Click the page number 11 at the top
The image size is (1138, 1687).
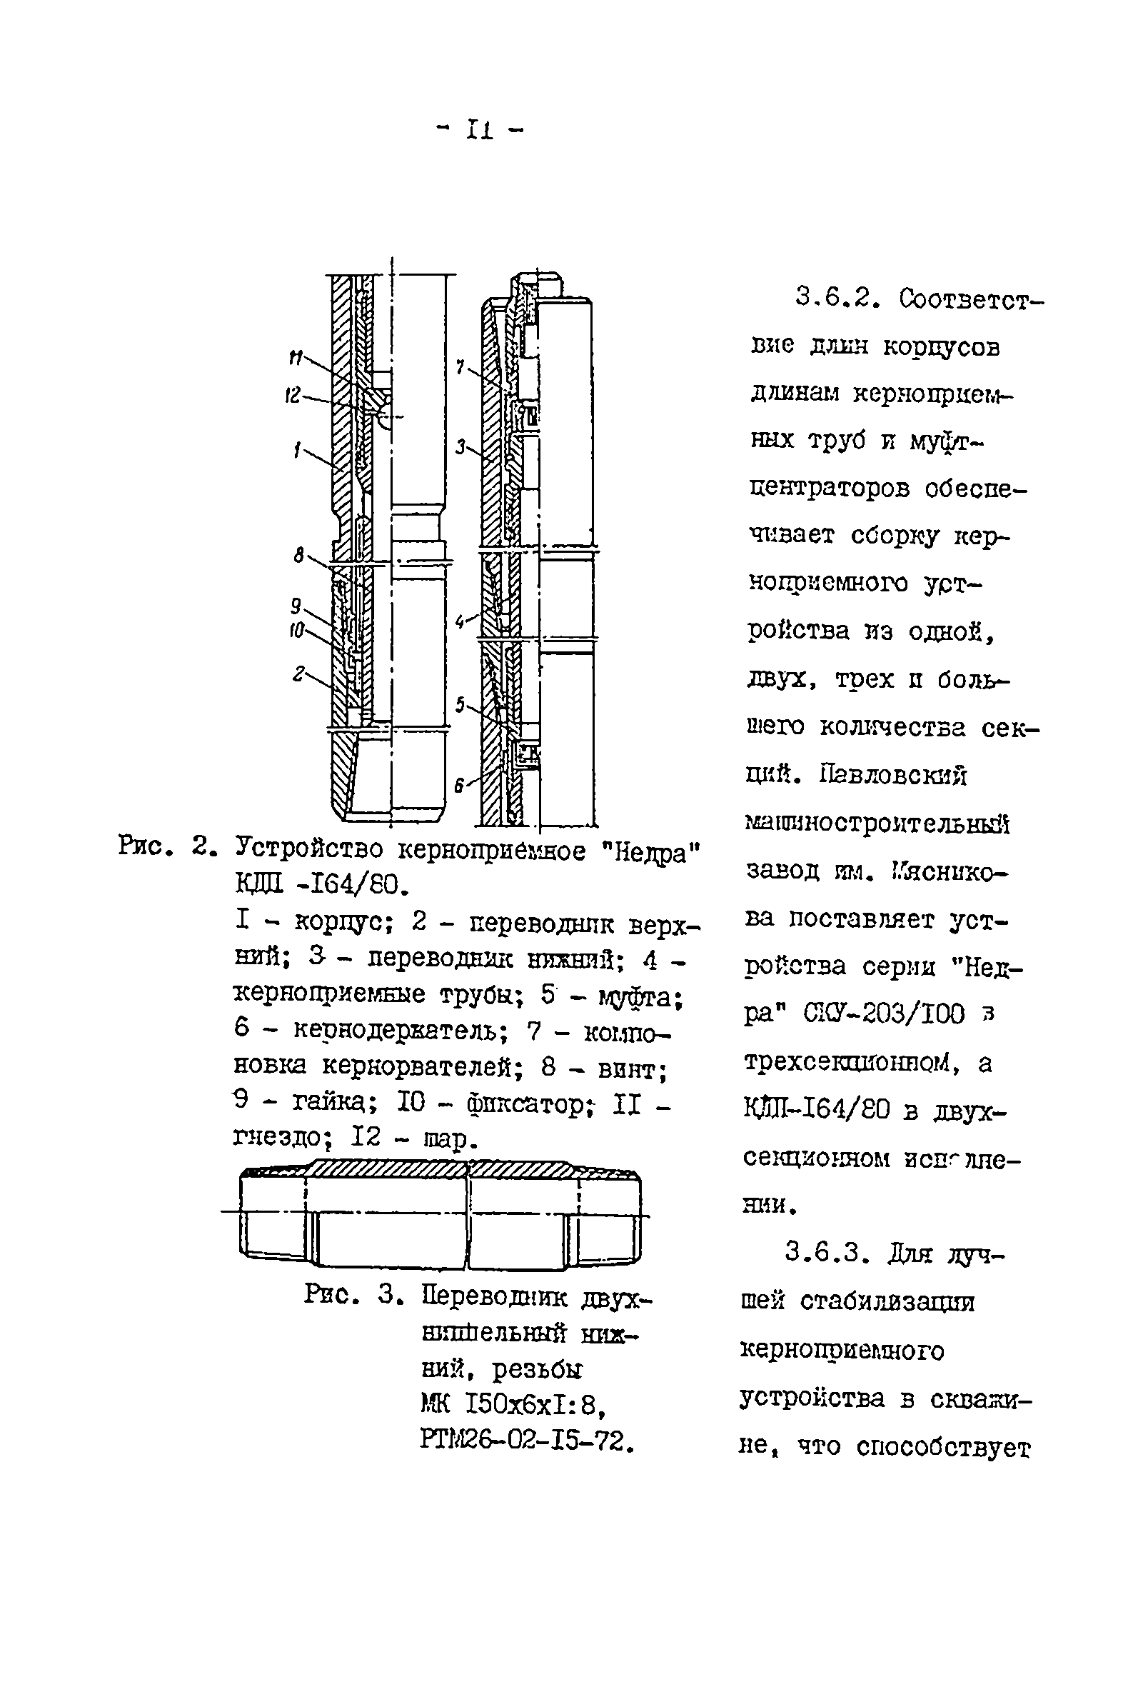480,131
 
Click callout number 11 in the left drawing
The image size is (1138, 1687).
295,357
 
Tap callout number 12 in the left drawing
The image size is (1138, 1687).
292,396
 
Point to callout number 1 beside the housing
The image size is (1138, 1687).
297,451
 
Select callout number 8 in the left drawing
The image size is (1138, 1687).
299,556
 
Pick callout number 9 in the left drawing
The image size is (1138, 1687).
296,606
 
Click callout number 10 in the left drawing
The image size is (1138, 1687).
296,631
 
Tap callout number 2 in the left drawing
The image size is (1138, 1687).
298,674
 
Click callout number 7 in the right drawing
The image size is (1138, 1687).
459,367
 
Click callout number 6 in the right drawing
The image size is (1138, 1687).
459,785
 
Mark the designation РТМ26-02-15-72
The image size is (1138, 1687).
528,1441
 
